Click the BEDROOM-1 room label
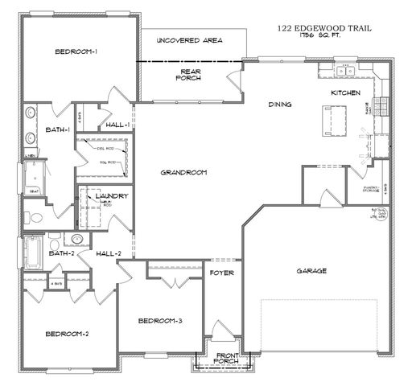point(76,52)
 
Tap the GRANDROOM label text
point(183,172)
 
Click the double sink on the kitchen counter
point(348,72)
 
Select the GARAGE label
point(311,271)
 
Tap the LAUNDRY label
point(112,196)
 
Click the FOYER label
point(221,273)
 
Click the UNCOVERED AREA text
point(189,40)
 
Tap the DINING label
point(279,104)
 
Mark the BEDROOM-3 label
point(160,321)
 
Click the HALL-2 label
point(108,253)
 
